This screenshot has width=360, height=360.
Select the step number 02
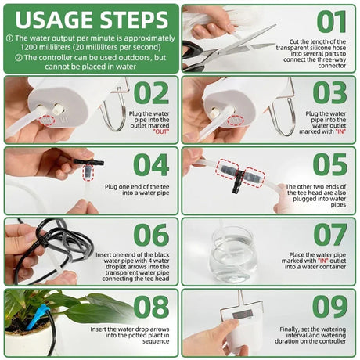(152, 92)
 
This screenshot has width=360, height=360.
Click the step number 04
(152, 164)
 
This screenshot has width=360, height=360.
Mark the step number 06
(152, 236)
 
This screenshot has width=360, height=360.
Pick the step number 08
(152, 308)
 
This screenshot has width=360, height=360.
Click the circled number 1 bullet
(9, 38)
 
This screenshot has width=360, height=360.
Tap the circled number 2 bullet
(9, 58)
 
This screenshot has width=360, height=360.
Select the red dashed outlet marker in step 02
(49, 121)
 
